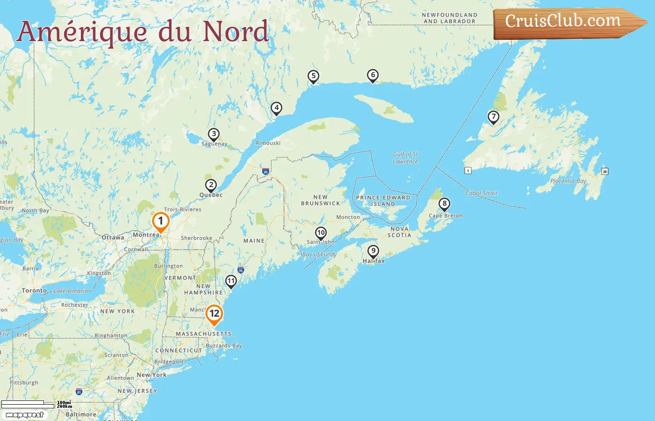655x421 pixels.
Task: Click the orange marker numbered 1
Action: pyautogui.click(x=160, y=221)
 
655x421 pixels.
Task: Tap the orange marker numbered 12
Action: pyautogui.click(x=214, y=314)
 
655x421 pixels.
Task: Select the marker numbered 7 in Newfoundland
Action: pyautogui.click(x=493, y=117)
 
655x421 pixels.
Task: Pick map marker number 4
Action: pyautogui.click(x=277, y=109)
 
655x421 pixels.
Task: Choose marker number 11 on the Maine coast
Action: pyautogui.click(x=231, y=281)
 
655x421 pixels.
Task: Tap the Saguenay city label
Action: pyautogui.click(x=214, y=144)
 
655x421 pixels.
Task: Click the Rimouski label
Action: pyautogui.click(x=268, y=143)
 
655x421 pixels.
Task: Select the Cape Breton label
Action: pyautogui.click(x=445, y=216)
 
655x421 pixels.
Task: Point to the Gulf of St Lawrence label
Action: pyautogui.click(x=406, y=158)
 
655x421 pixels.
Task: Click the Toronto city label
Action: pyautogui.click(x=34, y=290)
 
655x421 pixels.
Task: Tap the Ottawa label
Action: pyautogui.click(x=113, y=238)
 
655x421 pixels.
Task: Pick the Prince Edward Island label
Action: pyautogui.click(x=383, y=201)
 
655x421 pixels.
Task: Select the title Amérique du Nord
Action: pyautogui.click(x=143, y=31)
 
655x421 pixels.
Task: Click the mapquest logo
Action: pyautogui.click(x=25, y=415)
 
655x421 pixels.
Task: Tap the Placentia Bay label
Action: pyautogui.click(x=568, y=181)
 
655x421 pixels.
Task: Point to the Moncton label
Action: pyautogui.click(x=348, y=218)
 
